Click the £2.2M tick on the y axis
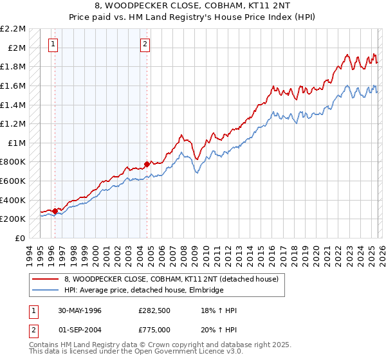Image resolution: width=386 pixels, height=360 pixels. [14, 29]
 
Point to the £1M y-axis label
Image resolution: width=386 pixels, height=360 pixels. [16, 143]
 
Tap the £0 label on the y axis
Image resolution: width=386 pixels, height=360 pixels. [21, 238]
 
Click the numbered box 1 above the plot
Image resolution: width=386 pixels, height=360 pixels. [53, 44]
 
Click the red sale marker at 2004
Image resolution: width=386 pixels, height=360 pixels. [147, 165]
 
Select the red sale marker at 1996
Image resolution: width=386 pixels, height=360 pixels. [55, 211]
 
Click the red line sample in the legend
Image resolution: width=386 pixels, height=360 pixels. [46, 279]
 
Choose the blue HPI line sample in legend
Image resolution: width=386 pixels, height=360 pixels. [46, 291]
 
